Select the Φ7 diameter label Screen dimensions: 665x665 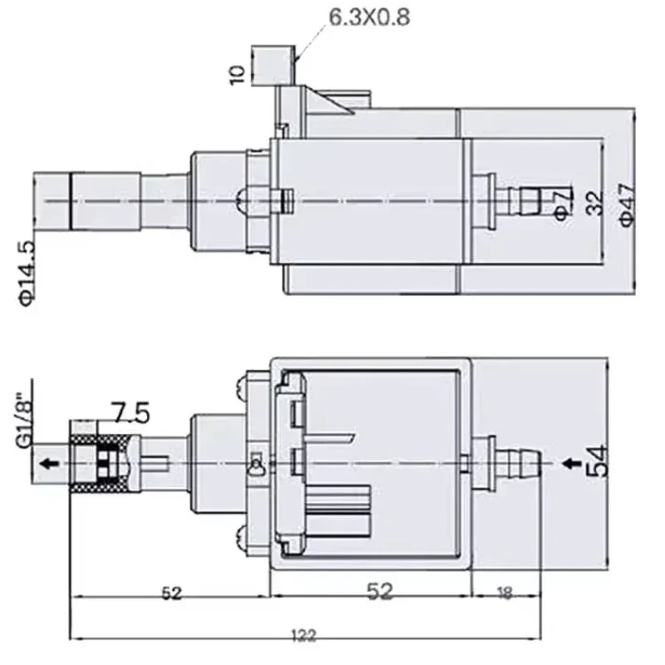coord(561,201)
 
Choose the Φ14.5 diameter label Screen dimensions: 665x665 coord(27,272)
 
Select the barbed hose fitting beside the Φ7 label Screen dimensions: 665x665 coord(522,200)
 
